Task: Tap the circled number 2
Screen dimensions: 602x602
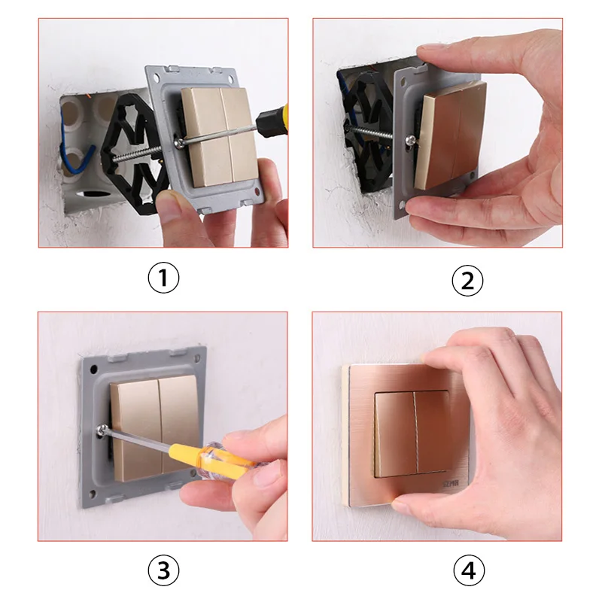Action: click(x=467, y=280)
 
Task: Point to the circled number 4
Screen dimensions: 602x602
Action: click(x=467, y=572)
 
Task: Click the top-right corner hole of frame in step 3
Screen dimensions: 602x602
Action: click(x=201, y=351)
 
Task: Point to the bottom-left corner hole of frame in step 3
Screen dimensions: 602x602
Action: click(x=93, y=494)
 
